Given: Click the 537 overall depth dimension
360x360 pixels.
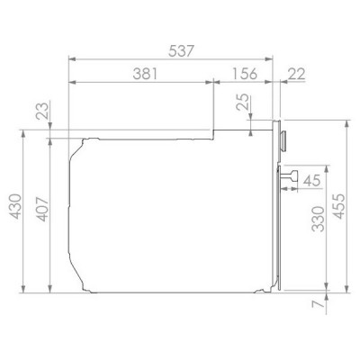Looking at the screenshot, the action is [x=181, y=50].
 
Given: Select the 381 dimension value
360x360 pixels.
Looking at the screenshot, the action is [x=145, y=74].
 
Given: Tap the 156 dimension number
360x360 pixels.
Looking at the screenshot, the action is [x=245, y=74].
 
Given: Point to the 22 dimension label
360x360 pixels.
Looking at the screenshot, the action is [x=296, y=74].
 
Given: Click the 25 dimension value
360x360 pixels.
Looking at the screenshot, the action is [x=243, y=103].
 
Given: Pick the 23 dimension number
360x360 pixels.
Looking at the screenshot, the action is [x=42, y=111].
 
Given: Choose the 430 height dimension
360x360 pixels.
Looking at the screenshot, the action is [x=15, y=206].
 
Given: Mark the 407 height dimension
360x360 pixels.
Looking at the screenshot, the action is [x=42, y=209].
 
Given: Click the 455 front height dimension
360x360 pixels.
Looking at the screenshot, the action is [x=339, y=206].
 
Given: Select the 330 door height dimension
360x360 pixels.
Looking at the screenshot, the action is [x=318, y=219].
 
